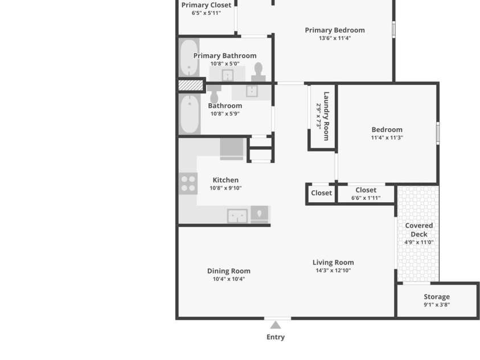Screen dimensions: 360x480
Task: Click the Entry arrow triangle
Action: click(276, 325)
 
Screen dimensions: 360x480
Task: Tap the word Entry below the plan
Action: click(276, 337)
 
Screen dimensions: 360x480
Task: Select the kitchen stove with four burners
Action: click(188, 183)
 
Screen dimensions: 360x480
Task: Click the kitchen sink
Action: click(237, 216)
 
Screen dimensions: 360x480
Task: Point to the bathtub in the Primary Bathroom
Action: click(189, 58)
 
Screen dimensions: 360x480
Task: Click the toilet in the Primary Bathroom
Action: click(259, 72)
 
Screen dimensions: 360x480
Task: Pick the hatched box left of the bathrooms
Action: click(191, 85)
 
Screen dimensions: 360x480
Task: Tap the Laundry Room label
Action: click(326, 116)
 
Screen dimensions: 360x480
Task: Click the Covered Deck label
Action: click(419, 230)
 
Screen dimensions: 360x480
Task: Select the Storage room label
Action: click(437, 297)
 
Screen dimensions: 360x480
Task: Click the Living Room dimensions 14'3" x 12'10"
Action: click(333, 271)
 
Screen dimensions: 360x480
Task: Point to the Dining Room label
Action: click(229, 271)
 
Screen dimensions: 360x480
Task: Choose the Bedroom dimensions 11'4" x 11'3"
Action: click(387, 137)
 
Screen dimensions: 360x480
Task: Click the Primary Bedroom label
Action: click(335, 30)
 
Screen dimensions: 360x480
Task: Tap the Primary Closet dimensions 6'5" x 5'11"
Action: click(206, 13)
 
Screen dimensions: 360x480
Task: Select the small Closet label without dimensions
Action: click(321, 193)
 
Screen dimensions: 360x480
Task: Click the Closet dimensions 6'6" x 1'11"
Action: click(366, 198)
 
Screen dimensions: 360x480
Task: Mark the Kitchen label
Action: click(225, 180)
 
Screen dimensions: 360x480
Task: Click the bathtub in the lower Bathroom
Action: click(189, 114)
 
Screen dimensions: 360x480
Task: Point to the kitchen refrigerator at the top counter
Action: click(232, 149)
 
